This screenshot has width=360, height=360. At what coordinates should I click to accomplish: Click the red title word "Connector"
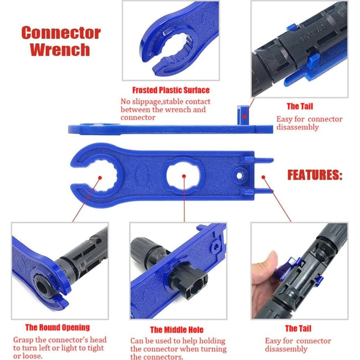point(61,32)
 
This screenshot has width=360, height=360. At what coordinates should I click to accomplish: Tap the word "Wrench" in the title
point(60,49)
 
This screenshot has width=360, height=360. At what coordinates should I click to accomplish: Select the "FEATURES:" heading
point(315,175)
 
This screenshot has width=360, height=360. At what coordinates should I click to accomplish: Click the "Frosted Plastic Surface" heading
point(171,90)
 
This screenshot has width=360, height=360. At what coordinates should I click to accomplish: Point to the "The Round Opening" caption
point(58,328)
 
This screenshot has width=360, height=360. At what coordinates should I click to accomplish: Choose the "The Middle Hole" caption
point(177,330)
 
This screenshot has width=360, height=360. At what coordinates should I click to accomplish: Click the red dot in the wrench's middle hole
point(184,176)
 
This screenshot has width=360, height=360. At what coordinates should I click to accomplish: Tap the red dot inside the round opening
point(100,177)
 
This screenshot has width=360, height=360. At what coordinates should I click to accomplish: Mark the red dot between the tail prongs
point(263,177)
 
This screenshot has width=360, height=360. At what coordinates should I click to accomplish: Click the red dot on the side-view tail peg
point(245,117)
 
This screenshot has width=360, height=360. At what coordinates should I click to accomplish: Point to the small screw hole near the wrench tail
point(239,175)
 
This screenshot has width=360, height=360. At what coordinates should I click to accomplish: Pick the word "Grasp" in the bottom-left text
point(23,340)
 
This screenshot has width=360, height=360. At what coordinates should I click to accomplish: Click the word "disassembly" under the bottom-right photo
point(286,349)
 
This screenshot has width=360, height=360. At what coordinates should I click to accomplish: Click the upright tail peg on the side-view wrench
point(243,115)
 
